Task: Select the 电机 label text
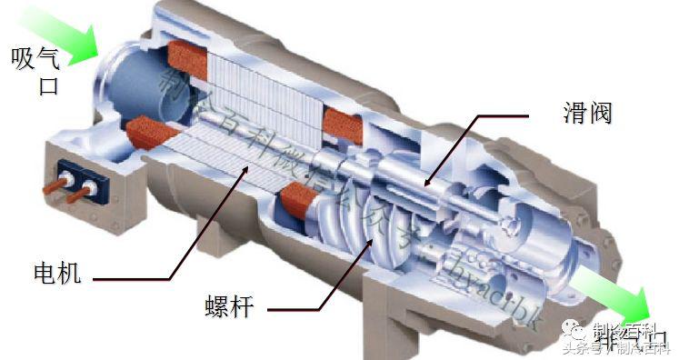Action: (56, 272)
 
